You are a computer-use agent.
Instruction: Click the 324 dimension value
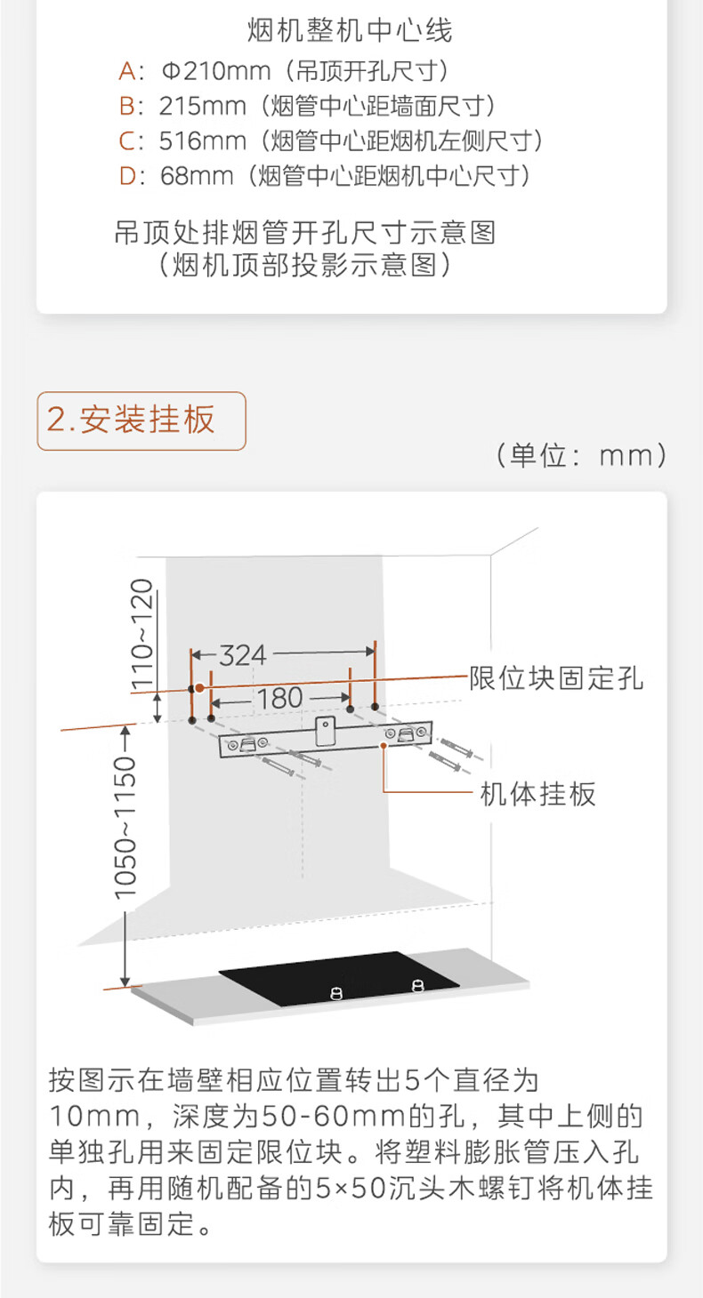(x=243, y=655)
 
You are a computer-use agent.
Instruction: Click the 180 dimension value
(x=279, y=698)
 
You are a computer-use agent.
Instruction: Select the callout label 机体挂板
(x=537, y=793)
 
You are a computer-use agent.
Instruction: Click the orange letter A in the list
(x=127, y=70)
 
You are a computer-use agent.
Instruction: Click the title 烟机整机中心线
(x=350, y=31)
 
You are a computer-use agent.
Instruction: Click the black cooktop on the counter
(x=338, y=977)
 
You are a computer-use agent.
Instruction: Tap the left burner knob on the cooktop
(x=335, y=992)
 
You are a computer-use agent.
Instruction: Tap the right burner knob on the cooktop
(x=417, y=983)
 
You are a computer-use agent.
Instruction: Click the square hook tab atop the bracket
(x=326, y=730)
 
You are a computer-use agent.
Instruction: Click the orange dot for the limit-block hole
(x=200, y=687)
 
